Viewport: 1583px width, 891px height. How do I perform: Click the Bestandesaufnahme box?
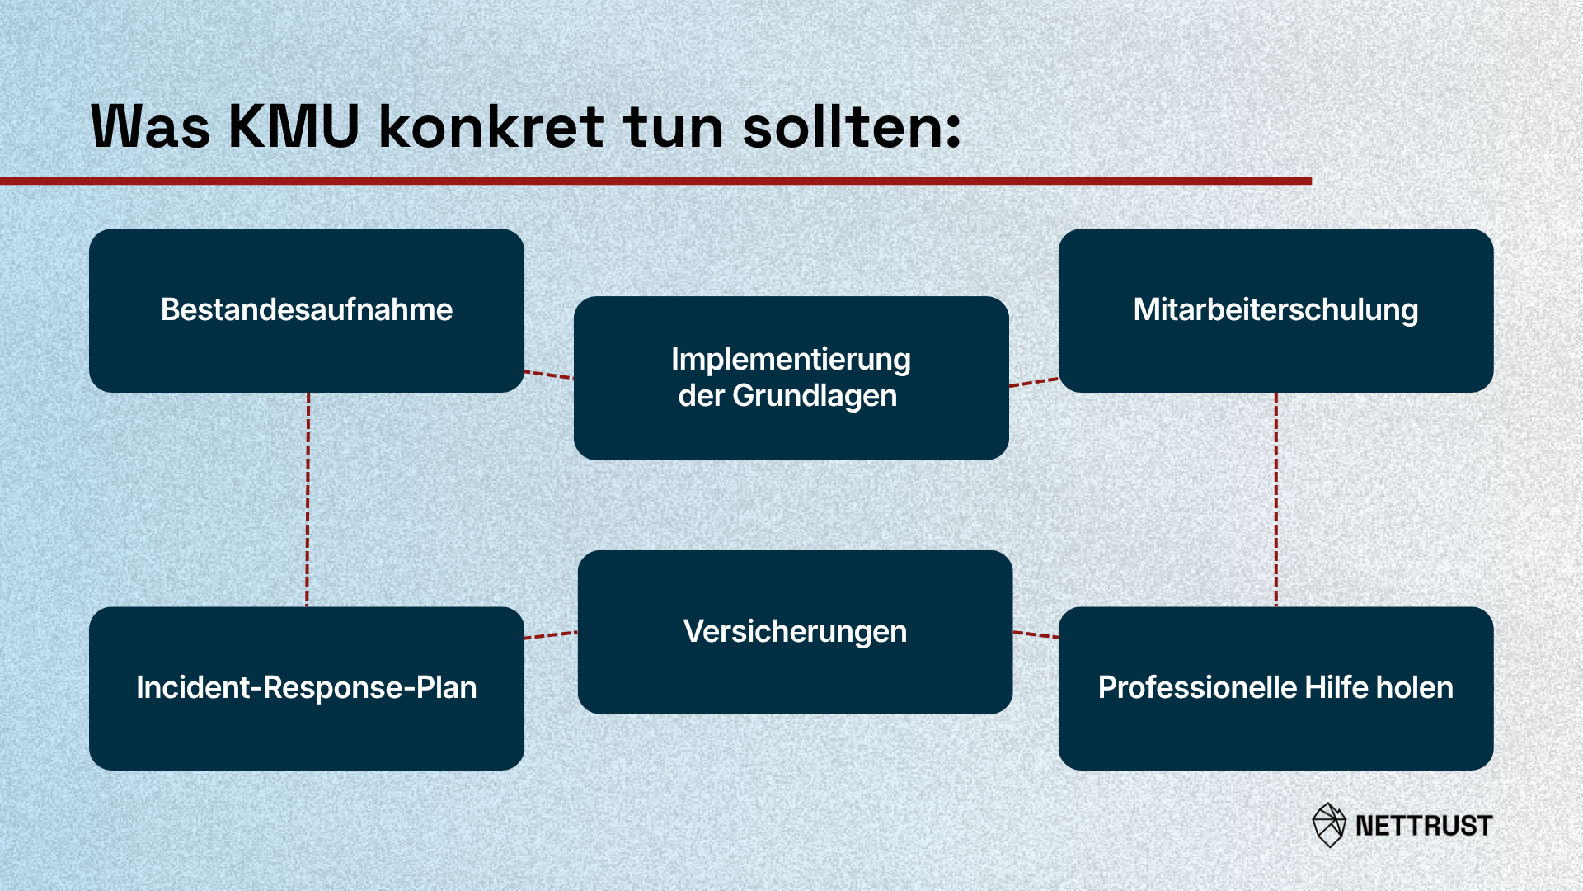pyautogui.click(x=307, y=310)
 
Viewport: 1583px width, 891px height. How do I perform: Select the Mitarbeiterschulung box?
pyautogui.click(x=1275, y=310)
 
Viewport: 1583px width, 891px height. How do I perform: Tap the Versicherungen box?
pyautogui.click(x=795, y=632)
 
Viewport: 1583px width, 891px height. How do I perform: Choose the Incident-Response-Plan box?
pyautogui.click(x=307, y=688)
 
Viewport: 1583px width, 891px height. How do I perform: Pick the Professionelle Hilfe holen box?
pyautogui.click(x=1275, y=688)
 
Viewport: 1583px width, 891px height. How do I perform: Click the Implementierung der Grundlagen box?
pyautogui.click(x=791, y=378)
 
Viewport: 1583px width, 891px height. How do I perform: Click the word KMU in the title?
pyautogui.click(x=294, y=127)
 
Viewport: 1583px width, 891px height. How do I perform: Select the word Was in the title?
pyautogui.click(x=150, y=127)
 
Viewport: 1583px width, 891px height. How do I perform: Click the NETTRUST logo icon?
pyautogui.click(x=1329, y=825)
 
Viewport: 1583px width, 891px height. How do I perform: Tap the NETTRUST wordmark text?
pyautogui.click(x=1424, y=826)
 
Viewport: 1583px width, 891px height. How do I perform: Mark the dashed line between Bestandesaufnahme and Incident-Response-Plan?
pyautogui.click(x=308, y=500)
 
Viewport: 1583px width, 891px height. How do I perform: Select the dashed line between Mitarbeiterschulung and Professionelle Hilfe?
pyautogui.click(x=1276, y=500)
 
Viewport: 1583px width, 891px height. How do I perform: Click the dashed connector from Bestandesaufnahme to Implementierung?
pyautogui.click(x=548, y=375)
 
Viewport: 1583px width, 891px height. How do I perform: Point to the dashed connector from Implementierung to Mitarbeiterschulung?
pyautogui.click(x=1034, y=382)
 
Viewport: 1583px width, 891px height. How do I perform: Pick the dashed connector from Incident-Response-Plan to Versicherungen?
pyautogui.click(x=551, y=634)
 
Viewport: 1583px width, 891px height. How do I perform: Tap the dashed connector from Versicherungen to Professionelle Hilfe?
pyautogui.click(x=1036, y=634)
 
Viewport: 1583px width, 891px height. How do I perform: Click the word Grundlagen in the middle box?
pyautogui.click(x=815, y=397)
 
